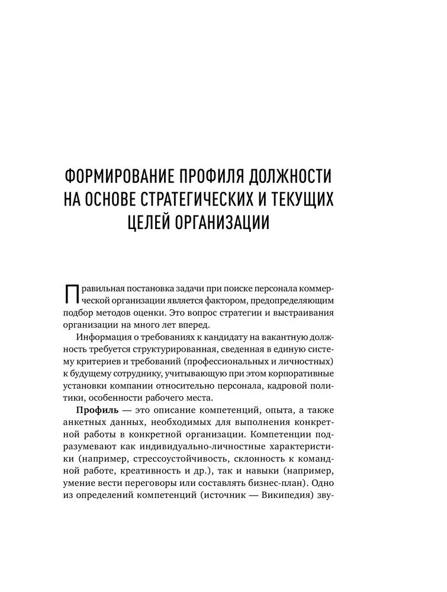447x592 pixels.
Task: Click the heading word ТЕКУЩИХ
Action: [x=300, y=199]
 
